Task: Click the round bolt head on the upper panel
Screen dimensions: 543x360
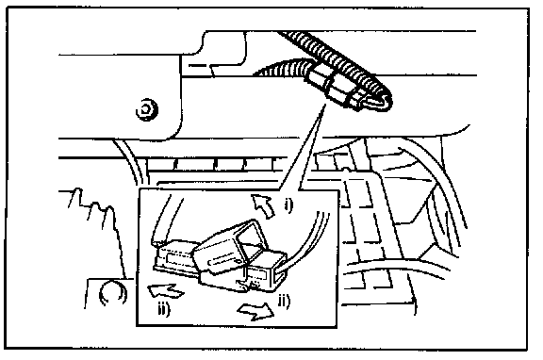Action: [x=147, y=109]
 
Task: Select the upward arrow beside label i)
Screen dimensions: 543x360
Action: [x=263, y=205]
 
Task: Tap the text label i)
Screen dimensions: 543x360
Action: [x=288, y=205]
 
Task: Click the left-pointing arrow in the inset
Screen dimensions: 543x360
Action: [x=165, y=290]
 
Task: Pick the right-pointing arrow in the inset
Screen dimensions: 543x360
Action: [x=256, y=310]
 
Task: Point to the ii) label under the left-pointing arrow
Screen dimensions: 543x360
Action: [x=164, y=309]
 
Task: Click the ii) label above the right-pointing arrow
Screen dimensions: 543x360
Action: [x=284, y=301]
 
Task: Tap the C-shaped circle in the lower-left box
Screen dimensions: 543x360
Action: [x=112, y=293]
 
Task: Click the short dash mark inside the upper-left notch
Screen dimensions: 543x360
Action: [x=197, y=65]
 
